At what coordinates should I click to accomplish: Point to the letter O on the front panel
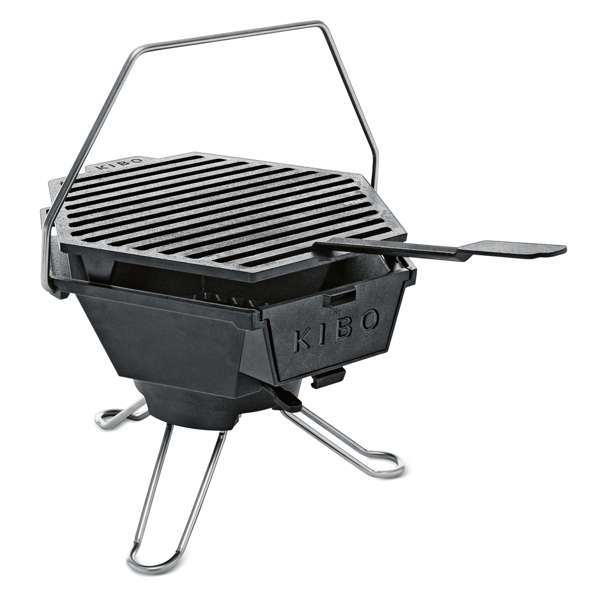368,321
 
